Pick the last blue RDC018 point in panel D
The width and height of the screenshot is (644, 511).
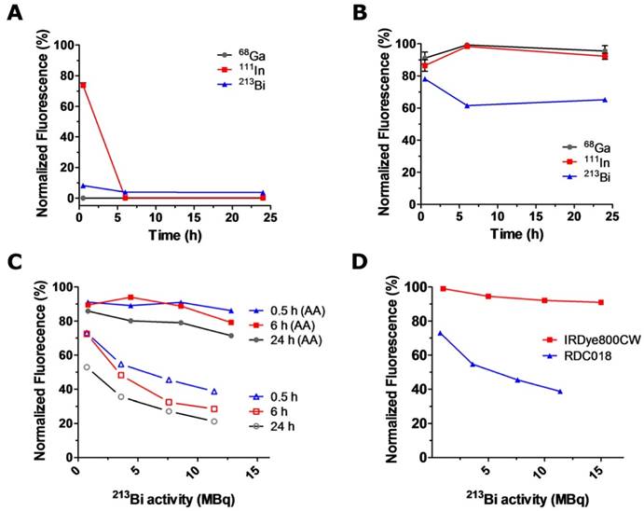pos(560,391)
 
